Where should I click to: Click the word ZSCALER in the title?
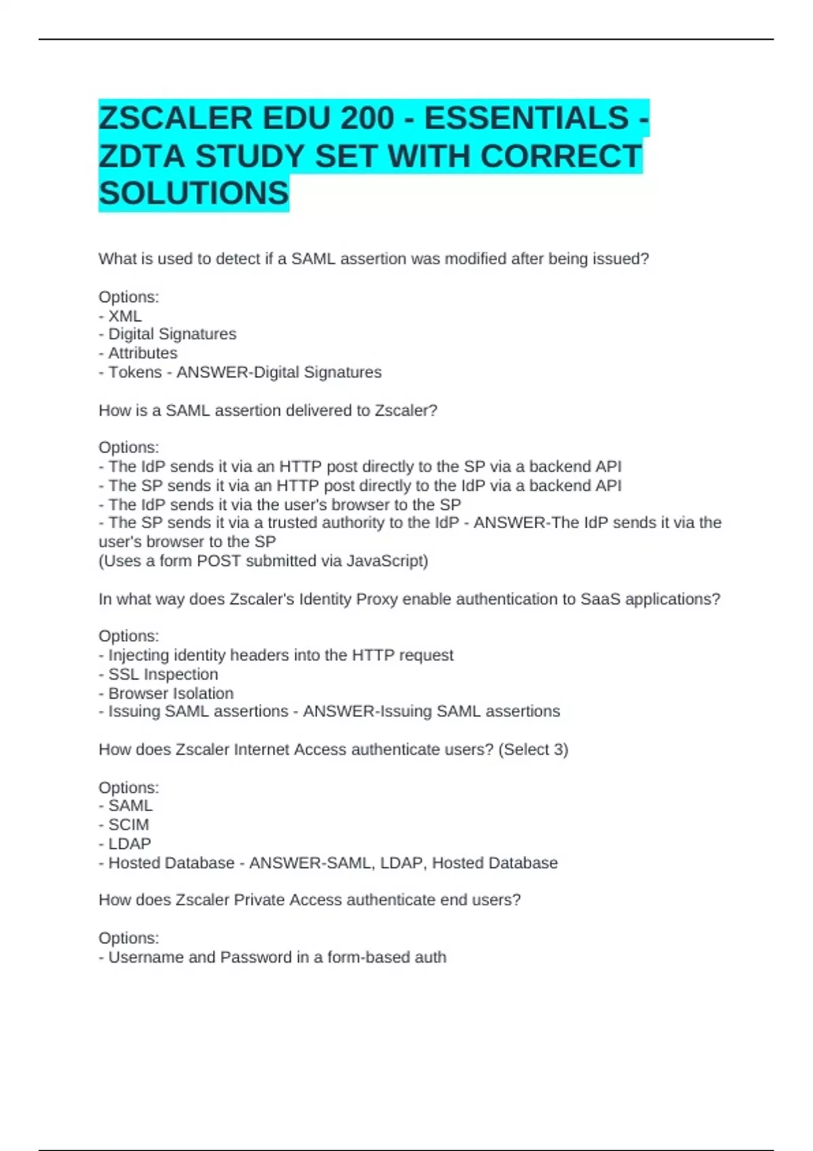175,118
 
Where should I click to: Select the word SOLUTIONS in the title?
194,194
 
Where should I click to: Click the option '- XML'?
121,316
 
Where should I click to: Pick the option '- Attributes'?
138,353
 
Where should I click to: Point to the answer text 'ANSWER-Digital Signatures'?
279,372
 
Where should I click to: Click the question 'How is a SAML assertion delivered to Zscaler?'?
268,410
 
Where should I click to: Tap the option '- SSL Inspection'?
159,674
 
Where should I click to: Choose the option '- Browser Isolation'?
166,693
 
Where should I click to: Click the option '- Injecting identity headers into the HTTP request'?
276,655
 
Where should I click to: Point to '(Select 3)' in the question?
533,750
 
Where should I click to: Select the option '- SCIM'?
124,825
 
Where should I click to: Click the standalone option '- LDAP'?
125,844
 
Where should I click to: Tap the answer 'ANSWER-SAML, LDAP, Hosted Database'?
404,863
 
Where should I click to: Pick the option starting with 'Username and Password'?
273,957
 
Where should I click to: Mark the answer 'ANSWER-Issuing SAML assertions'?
432,712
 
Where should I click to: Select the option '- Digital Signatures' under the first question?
168,334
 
